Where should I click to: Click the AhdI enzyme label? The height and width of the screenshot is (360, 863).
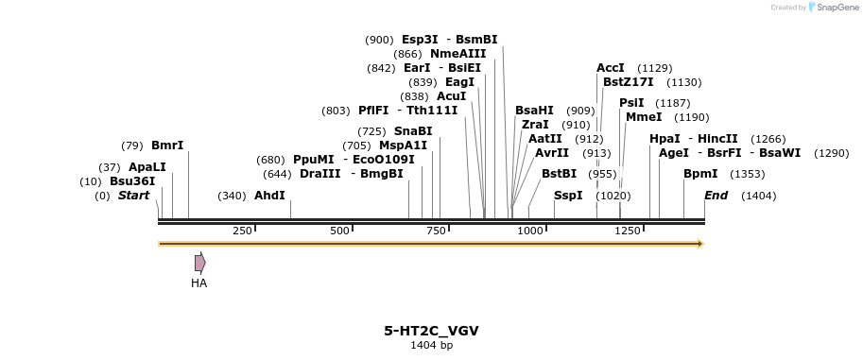coord(269,196)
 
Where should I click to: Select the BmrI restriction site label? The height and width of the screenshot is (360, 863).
coord(167,146)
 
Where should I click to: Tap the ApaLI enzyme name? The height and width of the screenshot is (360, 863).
coord(147,167)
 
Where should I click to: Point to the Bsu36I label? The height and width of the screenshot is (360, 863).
coord(132,180)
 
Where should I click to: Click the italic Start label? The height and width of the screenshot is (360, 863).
coord(133,196)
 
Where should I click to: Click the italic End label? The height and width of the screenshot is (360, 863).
coord(716,196)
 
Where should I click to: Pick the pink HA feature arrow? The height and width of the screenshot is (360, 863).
coord(199,263)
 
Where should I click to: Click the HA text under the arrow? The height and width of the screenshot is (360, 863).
coord(198,283)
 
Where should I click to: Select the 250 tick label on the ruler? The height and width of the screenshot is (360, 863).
coord(242,231)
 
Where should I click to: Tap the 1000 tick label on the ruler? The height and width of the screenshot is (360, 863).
coord(530,231)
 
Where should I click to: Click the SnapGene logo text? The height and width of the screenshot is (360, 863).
coord(835,8)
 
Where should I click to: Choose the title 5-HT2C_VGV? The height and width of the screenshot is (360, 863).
coord(431,331)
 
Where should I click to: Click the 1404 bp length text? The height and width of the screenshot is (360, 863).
coord(431,346)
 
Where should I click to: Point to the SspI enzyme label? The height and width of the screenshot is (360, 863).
coord(568,196)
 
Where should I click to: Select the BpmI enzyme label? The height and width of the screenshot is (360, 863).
coord(700,174)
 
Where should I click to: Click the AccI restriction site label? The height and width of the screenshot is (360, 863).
coord(610,68)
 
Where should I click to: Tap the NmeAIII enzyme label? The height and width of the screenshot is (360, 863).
coord(457,54)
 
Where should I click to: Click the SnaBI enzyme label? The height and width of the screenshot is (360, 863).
coord(413,131)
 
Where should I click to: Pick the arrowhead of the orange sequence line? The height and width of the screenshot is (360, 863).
coord(700,244)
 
